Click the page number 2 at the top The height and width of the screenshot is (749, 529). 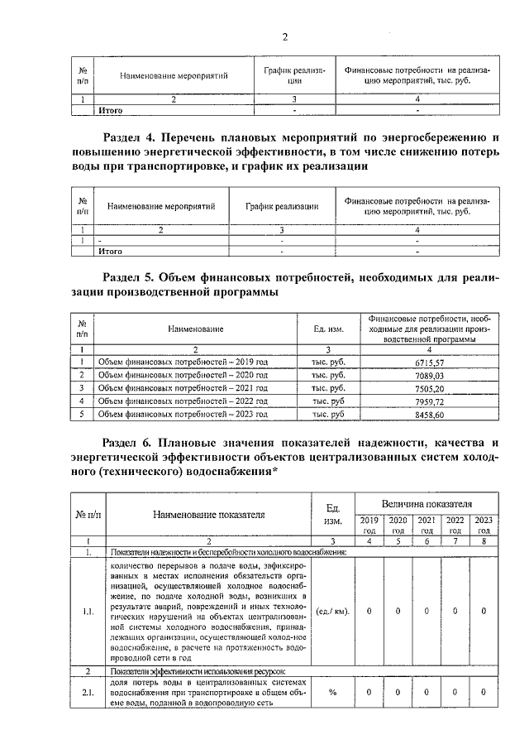click(284, 36)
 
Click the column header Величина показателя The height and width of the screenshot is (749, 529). click(426, 503)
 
